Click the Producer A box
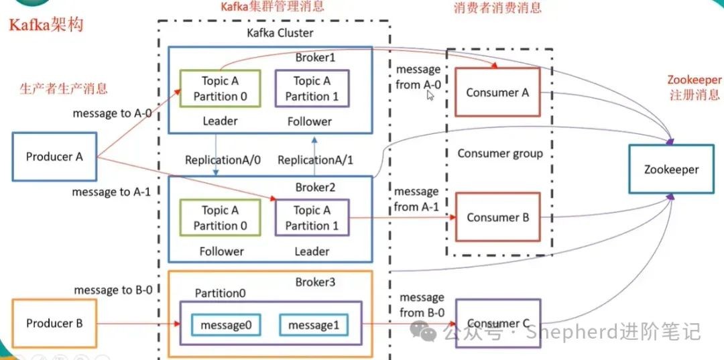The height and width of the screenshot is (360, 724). pos(54,156)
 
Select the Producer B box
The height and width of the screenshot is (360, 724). pos(54,323)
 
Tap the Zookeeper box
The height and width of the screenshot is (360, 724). pos(671,170)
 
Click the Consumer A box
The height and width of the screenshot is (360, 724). pos(497,93)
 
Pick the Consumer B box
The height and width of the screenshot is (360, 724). pos(497,217)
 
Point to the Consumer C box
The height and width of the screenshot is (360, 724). pos(497,323)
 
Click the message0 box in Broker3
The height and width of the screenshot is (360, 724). pos(226,325)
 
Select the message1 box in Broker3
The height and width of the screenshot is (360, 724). pos(314,325)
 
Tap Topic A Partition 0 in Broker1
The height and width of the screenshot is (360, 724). pos(220,88)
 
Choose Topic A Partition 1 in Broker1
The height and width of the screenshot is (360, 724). pos(312,88)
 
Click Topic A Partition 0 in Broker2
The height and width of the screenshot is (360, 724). pos(220,218)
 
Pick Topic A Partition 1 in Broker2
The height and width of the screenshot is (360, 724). pos(312,218)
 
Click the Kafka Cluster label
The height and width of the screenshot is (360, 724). pos(280,34)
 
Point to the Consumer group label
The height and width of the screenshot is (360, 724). pos(500,154)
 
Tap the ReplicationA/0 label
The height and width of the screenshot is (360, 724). pos(223,160)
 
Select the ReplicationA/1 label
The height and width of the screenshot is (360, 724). pos(315,160)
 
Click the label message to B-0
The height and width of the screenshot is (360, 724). pos(113,290)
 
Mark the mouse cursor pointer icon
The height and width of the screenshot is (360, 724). pos(430,96)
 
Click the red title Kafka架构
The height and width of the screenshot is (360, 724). pos(46,25)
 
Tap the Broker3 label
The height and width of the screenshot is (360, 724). pos(315,282)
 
